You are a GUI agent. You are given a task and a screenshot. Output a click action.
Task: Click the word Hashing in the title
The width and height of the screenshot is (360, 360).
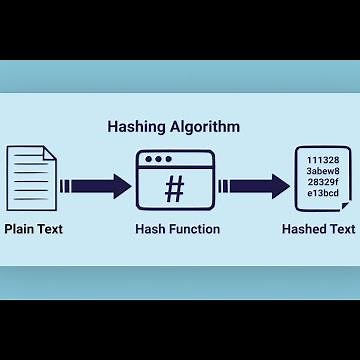[137, 127]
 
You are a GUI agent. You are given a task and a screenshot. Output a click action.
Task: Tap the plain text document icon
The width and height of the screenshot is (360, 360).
[33, 183]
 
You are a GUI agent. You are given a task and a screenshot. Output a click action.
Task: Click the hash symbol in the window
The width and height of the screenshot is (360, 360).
[174, 190]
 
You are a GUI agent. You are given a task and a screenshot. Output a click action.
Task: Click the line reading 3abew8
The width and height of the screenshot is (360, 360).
[323, 172]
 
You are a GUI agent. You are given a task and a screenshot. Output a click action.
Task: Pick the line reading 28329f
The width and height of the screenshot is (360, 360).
[323, 184]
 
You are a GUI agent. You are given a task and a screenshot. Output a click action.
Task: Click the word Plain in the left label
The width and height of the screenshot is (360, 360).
[20, 230]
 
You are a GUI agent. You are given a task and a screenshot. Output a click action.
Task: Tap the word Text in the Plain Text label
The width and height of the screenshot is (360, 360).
[49, 230]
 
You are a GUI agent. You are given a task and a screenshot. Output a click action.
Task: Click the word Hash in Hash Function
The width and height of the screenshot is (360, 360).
[150, 230]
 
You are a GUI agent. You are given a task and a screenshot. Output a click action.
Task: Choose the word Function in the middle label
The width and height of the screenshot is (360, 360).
[195, 230]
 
